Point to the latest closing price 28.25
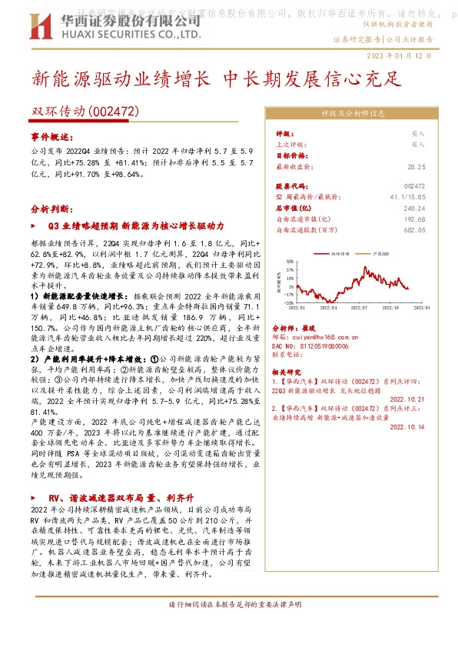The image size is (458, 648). tap(416, 166)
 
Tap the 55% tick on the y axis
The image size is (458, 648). tap(290, 260)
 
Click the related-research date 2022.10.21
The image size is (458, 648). tap(407, 399)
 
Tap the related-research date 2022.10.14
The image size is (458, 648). tap(407, 438)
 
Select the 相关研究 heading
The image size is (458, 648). tap(287, 371)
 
